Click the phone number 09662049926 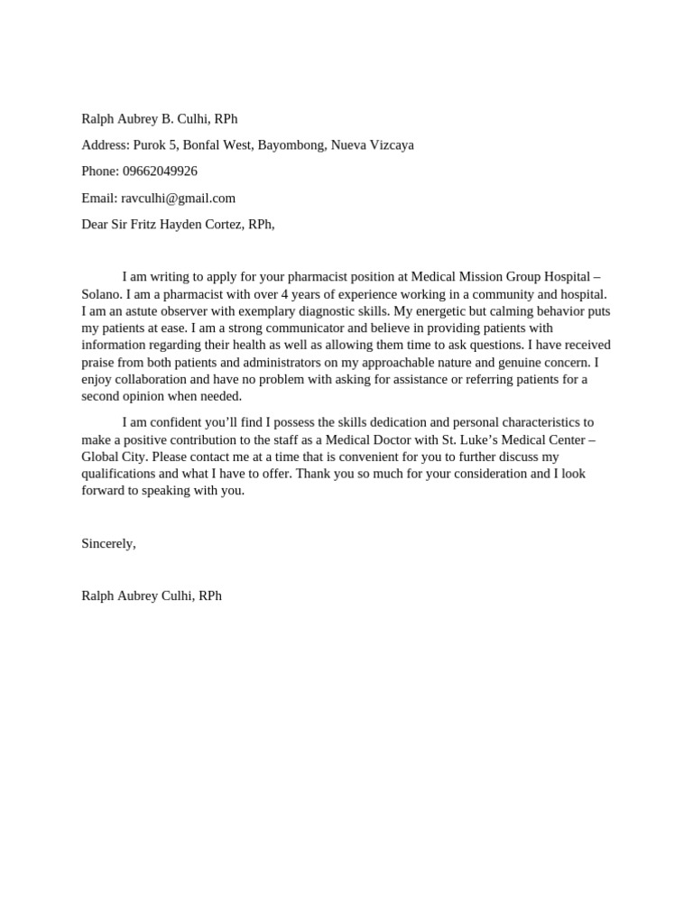[x=159, y=171]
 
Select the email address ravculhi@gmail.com [x=178, y=199]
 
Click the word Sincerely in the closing [x=107, y=543]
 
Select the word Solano [x=101, y=294]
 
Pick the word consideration [x=483, y=474]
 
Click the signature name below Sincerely [x=151, y=596]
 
